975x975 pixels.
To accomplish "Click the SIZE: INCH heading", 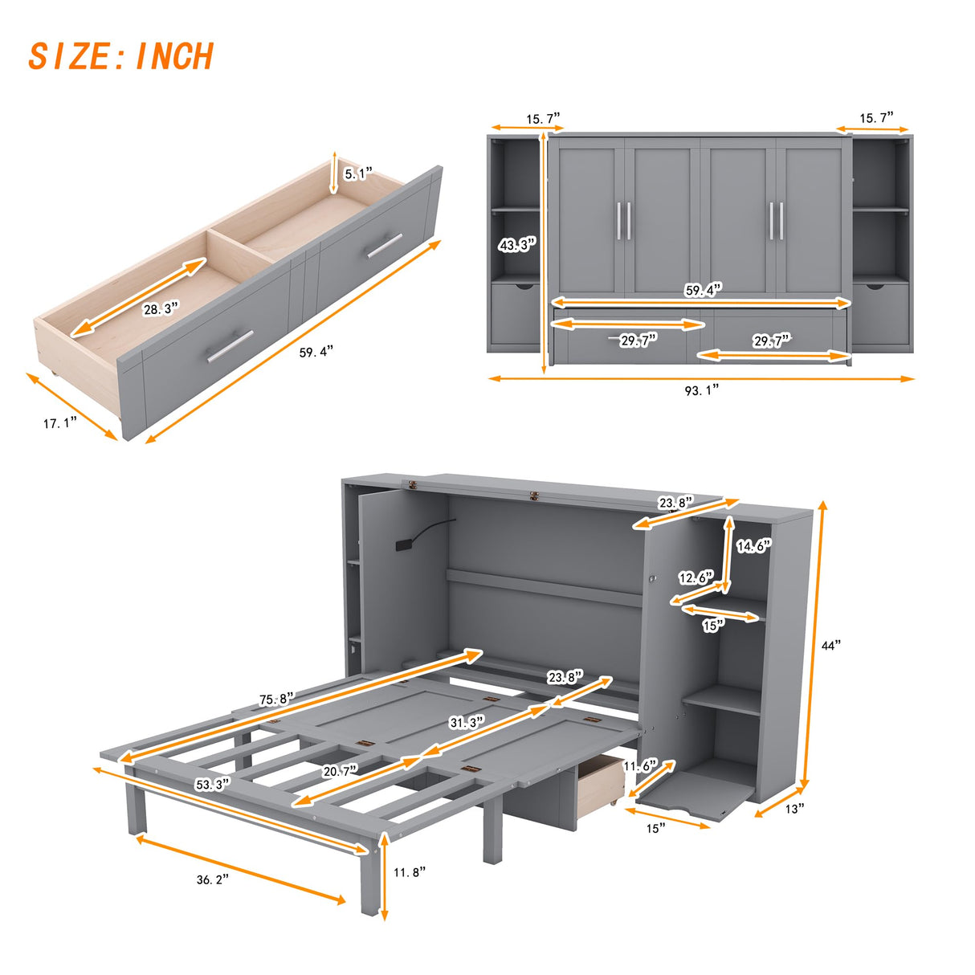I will click(121, 57).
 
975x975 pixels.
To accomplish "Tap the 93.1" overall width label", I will click(701, 390).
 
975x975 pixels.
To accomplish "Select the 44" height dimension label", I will click(830, 645).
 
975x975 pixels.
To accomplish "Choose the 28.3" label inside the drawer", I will click(161, 308).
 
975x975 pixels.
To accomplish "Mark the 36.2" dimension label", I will click(213, 879).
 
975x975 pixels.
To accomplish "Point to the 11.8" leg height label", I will click(410, 871).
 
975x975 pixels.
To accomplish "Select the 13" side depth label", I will click(793, 809).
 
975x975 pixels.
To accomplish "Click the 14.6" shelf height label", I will click(753, 546).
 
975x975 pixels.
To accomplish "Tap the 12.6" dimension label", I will click(696, 577).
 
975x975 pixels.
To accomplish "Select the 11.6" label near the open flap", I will click(640, 766).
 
